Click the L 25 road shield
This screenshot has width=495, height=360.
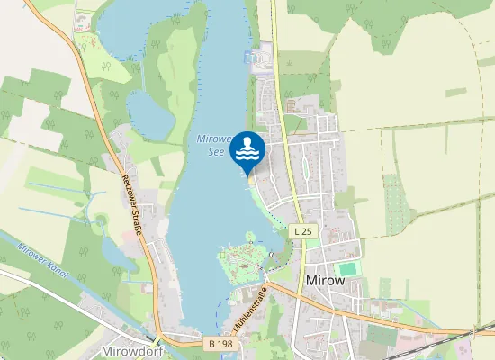click(302, 231)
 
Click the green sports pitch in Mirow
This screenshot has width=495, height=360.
click(346, 269)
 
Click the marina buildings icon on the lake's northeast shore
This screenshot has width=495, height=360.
click(255, 58)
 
